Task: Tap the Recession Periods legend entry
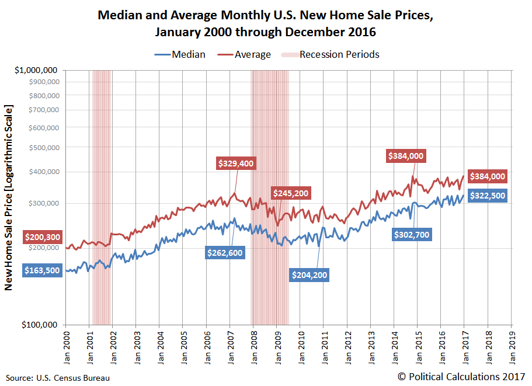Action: click(x=331, y=54)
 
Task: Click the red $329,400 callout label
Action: click(x=236, y=164)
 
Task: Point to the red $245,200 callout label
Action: click(x=290, y=193)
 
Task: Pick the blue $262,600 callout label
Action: click(x=225, y=252)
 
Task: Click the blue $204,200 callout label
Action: click(x=310, y=275)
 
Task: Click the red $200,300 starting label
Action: click(x=42, y=237)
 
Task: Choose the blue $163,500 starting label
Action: click(x=42, y=271)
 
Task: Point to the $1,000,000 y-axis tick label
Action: click(x=36, y=70)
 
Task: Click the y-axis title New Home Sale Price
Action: click(x=9, y=197)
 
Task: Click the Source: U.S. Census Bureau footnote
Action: click(x=58, y=378)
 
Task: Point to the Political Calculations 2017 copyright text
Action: click(x=461, y=377)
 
